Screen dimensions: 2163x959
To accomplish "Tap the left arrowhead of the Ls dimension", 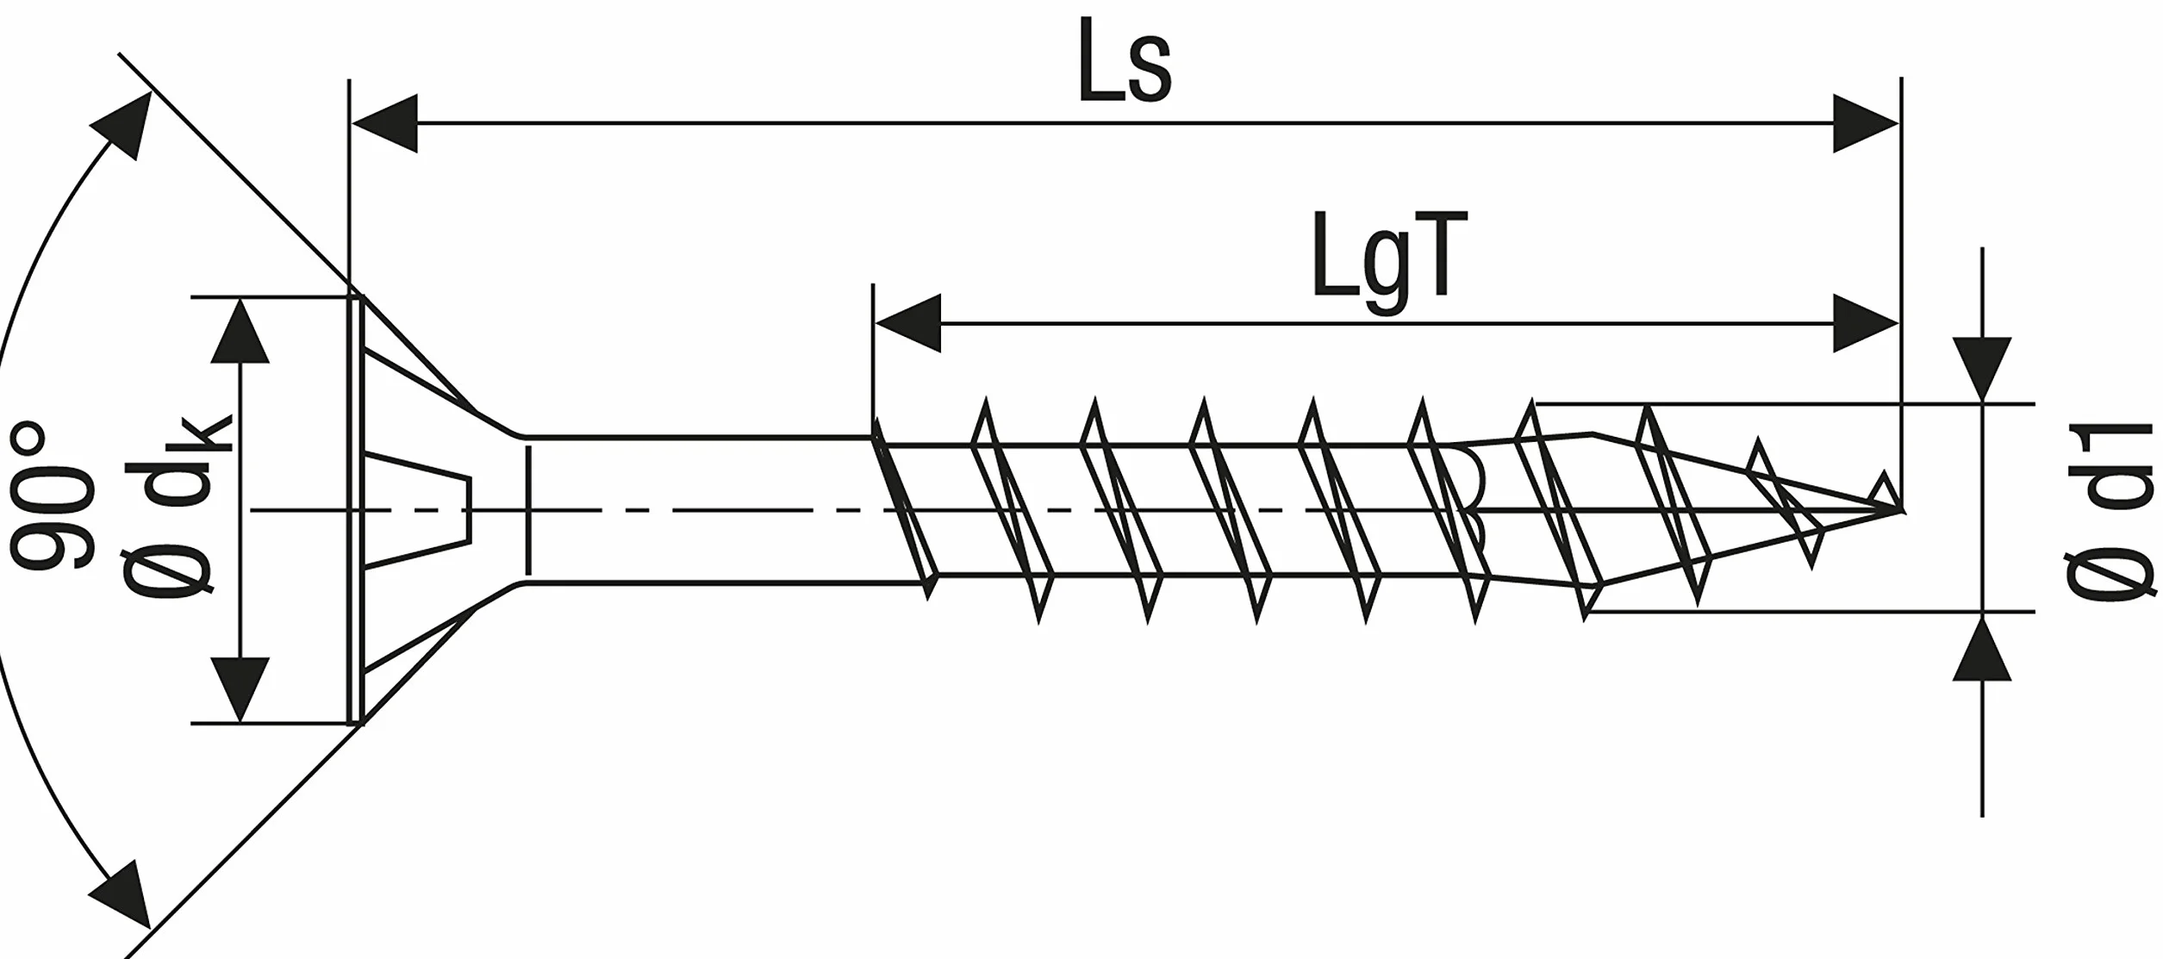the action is [x=384, y=124].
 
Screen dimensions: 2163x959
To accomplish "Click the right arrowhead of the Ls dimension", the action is [x=1866, y=124].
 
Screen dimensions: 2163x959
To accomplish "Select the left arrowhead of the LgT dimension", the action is [x=907, y=323].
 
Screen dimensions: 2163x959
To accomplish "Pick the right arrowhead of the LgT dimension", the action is [x=1866, y=323].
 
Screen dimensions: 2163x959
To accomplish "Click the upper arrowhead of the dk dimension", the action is [x=240, y=332].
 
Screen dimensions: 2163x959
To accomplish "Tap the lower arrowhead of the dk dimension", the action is [x=240, y=689].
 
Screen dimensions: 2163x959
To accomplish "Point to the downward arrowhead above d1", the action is [x=1983, y=370].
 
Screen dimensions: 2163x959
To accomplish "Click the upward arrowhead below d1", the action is [x=1983, y=646].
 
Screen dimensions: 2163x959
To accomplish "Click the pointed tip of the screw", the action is [x=1901, y=509].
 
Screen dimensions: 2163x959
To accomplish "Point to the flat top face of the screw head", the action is [x=354, y=510].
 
